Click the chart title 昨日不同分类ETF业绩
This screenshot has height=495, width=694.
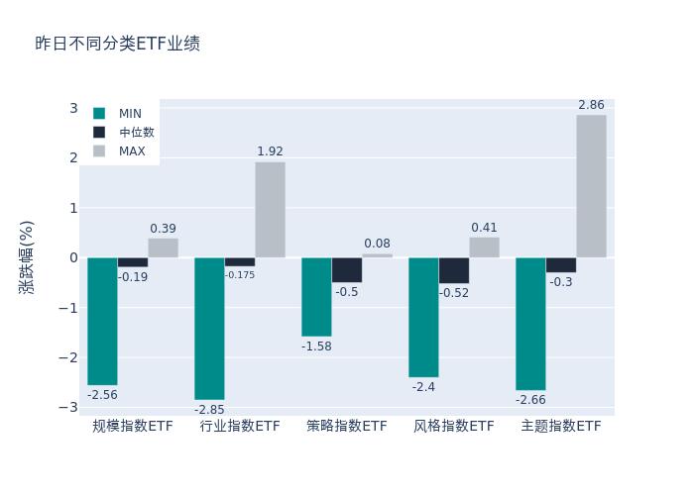pos(117,44)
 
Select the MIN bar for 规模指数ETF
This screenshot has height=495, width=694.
pos(102,321)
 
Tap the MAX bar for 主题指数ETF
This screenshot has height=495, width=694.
pos(591,186)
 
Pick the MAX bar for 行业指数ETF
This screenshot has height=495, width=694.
pos(270,209)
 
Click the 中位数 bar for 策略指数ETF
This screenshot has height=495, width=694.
pos(347,269)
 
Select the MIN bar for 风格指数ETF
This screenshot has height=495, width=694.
pos(423,317)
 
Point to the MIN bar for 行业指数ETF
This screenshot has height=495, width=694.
pos(209,328)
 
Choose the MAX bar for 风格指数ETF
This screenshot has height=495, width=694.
pos(484,247)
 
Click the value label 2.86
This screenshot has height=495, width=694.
pos(591,105)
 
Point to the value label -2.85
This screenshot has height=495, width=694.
pos(209,409)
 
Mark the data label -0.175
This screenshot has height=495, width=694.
pos(240,275)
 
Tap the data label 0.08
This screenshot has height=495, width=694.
pos(377,244)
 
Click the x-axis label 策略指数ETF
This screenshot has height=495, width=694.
pos(347,427)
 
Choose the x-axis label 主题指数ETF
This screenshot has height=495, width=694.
pos(561,427)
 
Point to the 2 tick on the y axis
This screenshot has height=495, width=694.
pos(73,157)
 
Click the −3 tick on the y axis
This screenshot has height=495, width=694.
pos(70,407)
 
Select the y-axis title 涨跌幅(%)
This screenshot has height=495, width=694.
pos(27,257)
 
